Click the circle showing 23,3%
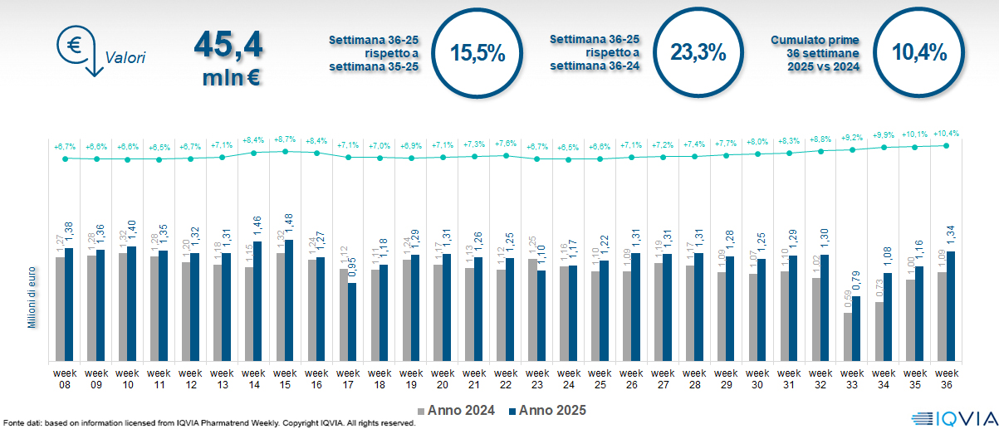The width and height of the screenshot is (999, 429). point(698,52)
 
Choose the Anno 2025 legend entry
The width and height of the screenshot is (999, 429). point(548,410)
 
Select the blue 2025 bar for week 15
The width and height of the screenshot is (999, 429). point(289,300)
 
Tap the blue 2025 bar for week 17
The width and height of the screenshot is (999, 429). point(352,322)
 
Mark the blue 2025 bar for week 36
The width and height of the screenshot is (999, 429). point(951,306)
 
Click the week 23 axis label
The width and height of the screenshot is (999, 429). point(537,378)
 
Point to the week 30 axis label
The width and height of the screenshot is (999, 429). point(757,378)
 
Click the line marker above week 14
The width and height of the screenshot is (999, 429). point(253,153)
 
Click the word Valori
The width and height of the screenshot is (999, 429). point(125,58)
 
